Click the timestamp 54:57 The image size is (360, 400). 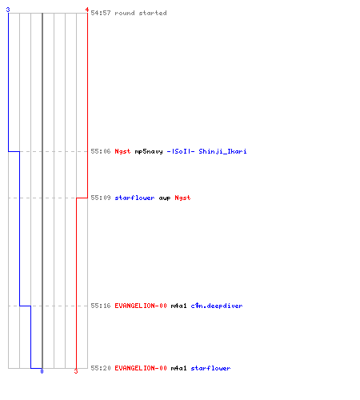(101, 13)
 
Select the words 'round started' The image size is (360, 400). (141, 13)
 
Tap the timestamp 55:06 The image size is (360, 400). (101, 151)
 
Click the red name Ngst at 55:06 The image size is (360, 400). (122, 151)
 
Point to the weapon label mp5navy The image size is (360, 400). (149, 151)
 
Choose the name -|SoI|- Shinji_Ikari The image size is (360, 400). (206, 151)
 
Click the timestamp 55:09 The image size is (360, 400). (101, 198)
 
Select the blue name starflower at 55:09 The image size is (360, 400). (134, 198)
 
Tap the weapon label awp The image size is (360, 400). (165, 198)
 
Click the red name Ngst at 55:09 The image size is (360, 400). (182, 198)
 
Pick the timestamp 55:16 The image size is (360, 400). (101, 306)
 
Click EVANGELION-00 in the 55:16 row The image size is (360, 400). (141, 306)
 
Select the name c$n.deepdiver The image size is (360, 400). (217, 306)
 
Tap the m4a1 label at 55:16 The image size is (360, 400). (178, 306)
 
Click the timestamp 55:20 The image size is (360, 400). (101, 368)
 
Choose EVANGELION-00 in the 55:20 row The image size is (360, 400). (141, 368)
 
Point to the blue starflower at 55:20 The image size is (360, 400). (210, 368)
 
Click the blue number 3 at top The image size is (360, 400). (8, 10)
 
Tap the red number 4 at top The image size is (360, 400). (87, 10)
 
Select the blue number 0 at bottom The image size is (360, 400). (42, 371)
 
